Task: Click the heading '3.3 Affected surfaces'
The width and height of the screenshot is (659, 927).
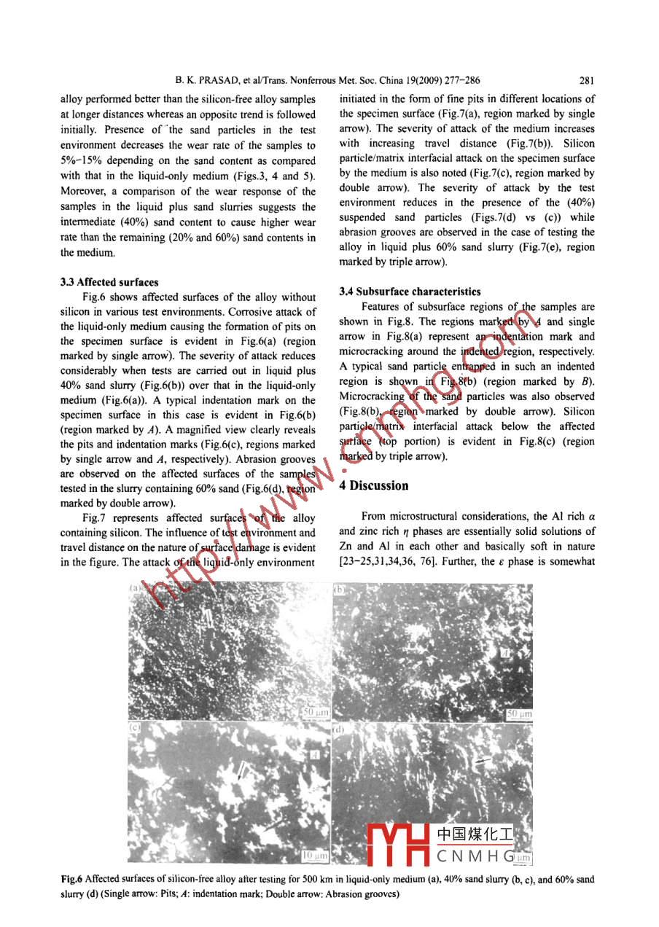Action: pyautogui.click(x=109, y=282)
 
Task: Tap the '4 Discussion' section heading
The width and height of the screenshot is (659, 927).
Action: pyautogui.click(x=374, y=486)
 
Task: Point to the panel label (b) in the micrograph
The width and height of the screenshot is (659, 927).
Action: pyautogui.click(x=339, y=589)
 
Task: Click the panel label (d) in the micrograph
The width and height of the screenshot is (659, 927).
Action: pyautogui.click(x=339, y=727)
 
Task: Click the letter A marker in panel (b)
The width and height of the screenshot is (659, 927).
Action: pyautogui.click(x=514, y=655)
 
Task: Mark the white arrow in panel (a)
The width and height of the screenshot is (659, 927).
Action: pyautogui.click(x=209, y=620)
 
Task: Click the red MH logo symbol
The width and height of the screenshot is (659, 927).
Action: pyautogui.click(x=398, y=845)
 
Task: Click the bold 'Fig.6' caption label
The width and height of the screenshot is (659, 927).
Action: pyautogui.click(x=71, y=880)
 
